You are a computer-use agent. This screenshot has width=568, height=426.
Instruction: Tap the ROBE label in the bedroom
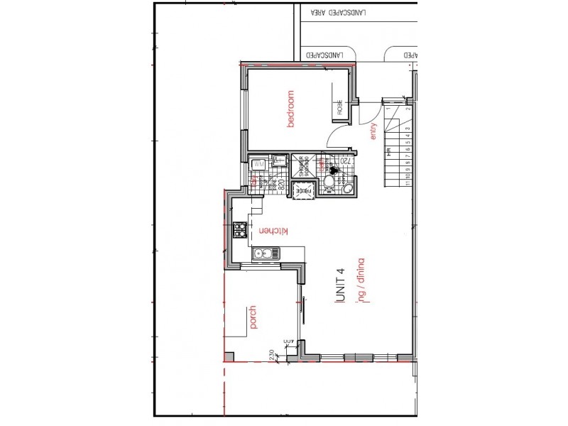339,108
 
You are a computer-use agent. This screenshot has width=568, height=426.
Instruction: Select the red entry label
373,131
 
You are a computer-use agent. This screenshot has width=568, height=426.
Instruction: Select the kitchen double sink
263,253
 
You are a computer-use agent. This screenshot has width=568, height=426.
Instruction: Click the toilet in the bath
329,185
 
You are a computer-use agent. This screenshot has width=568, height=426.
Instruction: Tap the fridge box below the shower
306,189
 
